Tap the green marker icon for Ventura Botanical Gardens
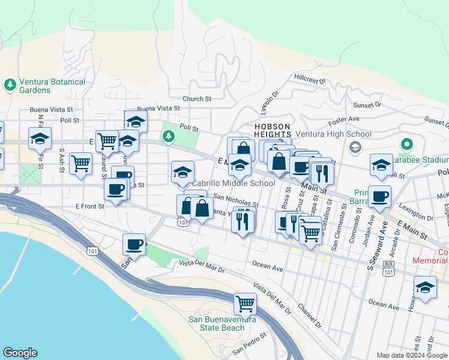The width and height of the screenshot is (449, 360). point(10,84)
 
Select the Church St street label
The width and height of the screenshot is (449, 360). point(197,99)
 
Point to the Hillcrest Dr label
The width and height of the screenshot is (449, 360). point(309,79)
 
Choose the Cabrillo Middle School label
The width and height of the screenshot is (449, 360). point(233,183)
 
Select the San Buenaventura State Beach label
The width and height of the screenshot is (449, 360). point(222,323)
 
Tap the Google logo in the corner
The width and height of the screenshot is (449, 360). point(20,353)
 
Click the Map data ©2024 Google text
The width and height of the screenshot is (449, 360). point(412,355)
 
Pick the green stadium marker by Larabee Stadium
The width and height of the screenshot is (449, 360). point(406,145)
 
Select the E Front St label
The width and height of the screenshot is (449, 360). point(91,206)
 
